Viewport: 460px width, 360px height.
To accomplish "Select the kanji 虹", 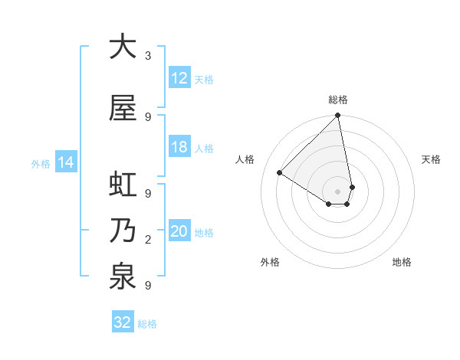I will tap(122, 185).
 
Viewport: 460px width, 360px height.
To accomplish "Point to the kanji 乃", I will tap(122, 231).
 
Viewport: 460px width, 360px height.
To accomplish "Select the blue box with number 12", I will tap(179, 78).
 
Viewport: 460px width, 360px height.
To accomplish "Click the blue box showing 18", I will tap(179, 147).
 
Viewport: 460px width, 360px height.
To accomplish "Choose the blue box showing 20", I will tap(179, 232).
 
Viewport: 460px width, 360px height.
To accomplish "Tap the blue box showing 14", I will tap(65, 162).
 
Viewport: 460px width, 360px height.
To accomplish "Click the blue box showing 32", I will tap(123, 322).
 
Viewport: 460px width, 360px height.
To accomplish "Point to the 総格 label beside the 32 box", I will tap(147, 324).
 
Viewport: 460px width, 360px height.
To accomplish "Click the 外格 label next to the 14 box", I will tap(41, 163).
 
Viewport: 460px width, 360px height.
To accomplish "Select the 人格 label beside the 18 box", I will tap(204, 148).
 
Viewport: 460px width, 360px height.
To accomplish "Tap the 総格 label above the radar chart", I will tap(338, 100).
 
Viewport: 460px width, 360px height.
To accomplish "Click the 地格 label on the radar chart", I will tap(402, 262).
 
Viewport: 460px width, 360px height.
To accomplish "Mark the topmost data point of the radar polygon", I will tap(338, 116).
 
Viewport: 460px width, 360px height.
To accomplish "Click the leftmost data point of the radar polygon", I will tap(280, 172).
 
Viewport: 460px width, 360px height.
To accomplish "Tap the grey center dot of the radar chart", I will tap(338, 191).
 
